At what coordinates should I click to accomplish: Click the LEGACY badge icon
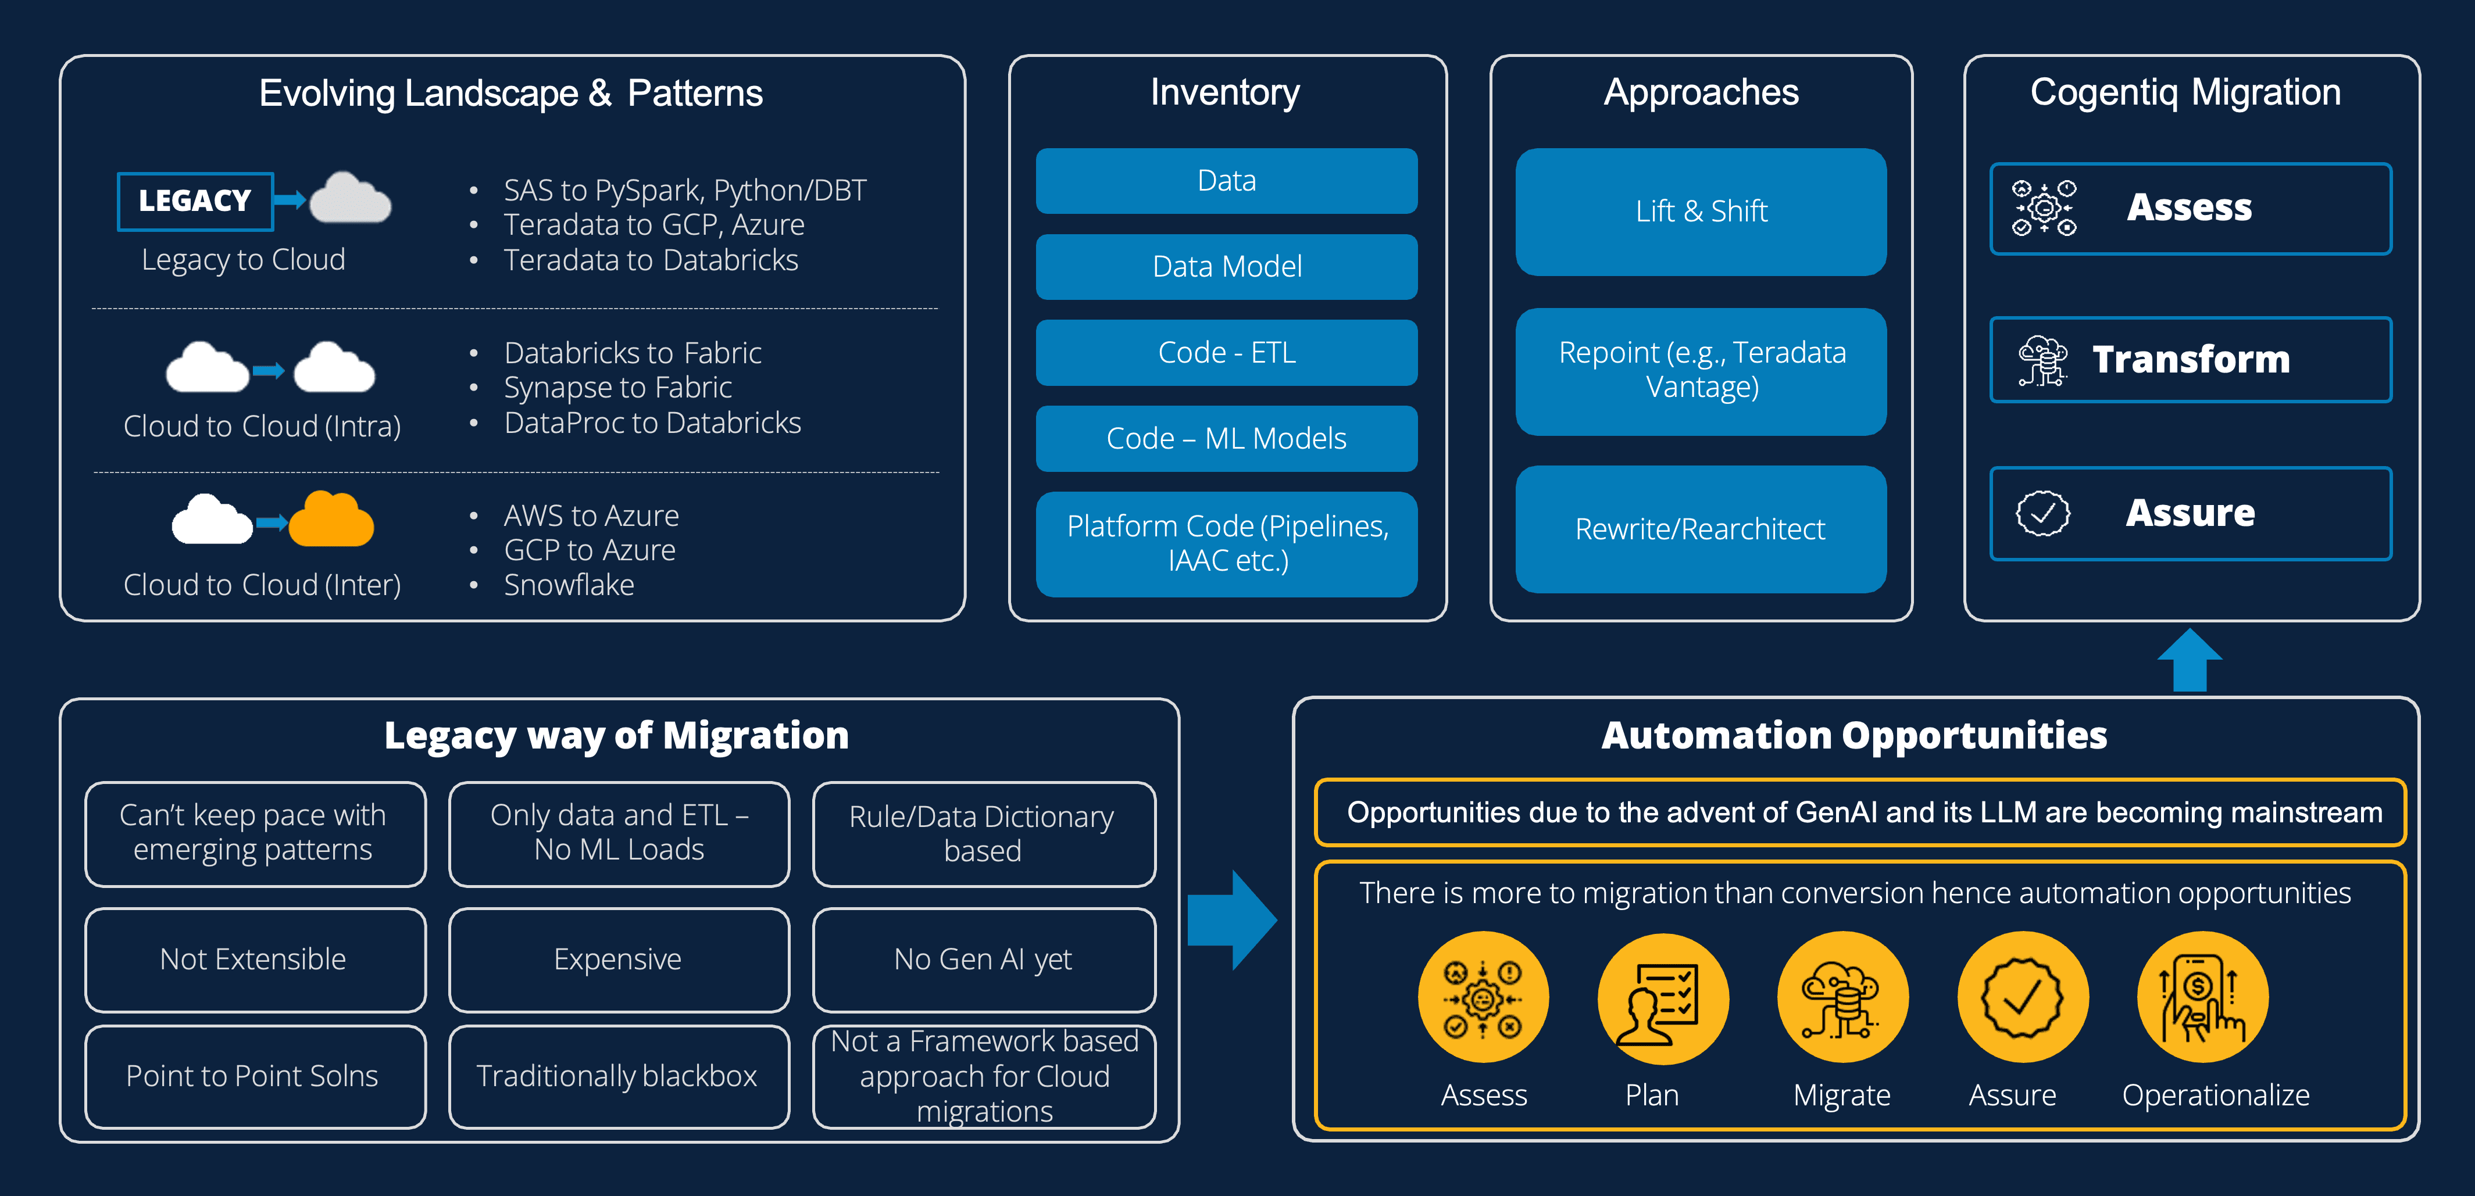(x=195, y=200)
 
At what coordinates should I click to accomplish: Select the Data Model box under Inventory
(x=1226, y=266)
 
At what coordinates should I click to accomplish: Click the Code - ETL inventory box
(x=1226, y=353)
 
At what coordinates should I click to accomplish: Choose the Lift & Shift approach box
(x=1701, y=212)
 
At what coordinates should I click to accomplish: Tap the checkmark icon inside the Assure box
(x=2042, y=513)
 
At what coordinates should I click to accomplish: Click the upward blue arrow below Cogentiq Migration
(x=2190, y=661)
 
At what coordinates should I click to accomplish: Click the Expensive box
(x=618, y=959)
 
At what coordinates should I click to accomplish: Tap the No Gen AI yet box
(x=983, y=959)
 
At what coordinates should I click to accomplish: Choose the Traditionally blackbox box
(x=618, y=1076)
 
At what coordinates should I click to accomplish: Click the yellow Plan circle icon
(x=1662, y=998)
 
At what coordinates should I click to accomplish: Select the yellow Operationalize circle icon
(x=2202, y=998)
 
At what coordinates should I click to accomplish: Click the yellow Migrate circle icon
(x=1842, y=998)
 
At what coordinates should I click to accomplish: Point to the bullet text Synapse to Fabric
(x=618, y=387)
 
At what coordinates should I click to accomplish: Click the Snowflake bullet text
(x=569, y=585)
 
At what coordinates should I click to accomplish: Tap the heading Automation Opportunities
(x=1853, y=735)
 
